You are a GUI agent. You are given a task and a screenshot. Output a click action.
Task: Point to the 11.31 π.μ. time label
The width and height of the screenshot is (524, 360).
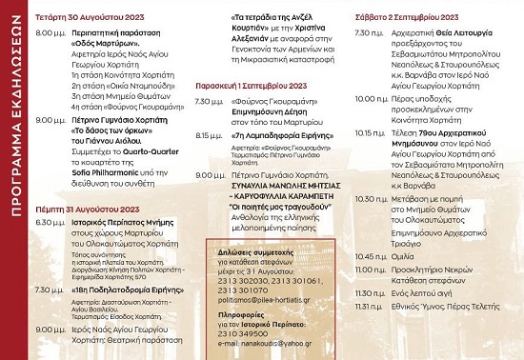coord(367,334)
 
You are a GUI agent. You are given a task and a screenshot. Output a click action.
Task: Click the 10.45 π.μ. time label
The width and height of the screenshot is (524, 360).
coord(367,283)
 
